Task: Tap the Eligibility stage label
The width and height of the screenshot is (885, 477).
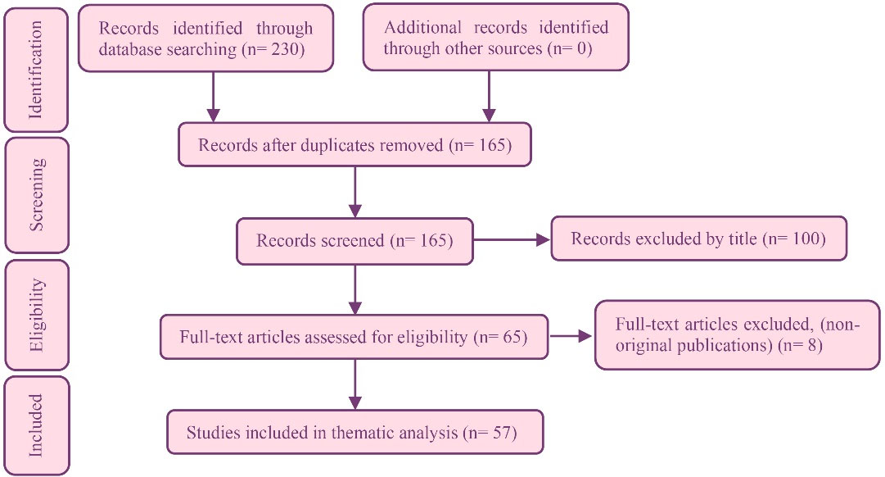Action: [x=36, y=315]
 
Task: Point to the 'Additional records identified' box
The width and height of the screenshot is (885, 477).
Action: [x=495, y=38]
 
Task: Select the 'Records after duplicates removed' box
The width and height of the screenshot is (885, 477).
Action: [x=354, y=145]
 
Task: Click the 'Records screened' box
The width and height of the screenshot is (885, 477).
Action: [x=354, y=240]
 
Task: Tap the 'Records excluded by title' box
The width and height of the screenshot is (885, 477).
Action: [x=698, y=239]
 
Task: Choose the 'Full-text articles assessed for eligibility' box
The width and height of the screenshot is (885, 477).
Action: [x=354, y=335]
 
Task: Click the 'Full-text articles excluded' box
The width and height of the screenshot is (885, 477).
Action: [x=737, y=334]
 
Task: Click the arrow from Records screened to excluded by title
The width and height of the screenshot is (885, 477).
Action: [x=512, y=240]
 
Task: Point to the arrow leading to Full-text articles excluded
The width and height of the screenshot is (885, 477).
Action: [x=571, y=335]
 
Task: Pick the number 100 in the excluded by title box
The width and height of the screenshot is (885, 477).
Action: [x=810, y=239]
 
